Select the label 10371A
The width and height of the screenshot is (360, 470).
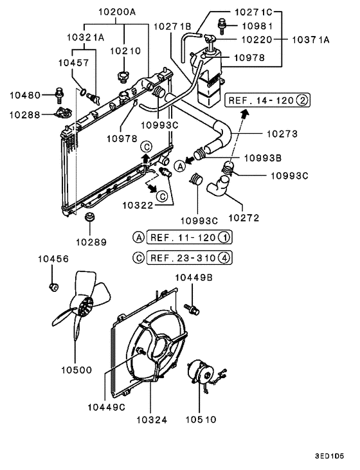click(x=310, y=39)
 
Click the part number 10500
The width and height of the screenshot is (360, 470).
click(x=76, y=370)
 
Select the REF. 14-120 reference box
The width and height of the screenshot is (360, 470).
click(x=267, y=100)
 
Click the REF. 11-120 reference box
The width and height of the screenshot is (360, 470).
click(x=188, y=237)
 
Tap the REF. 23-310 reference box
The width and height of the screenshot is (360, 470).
click(x=188, y=258)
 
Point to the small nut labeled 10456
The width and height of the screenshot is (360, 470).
click(x=55, y=285)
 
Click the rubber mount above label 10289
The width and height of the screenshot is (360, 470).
click(x=89, y=221)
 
